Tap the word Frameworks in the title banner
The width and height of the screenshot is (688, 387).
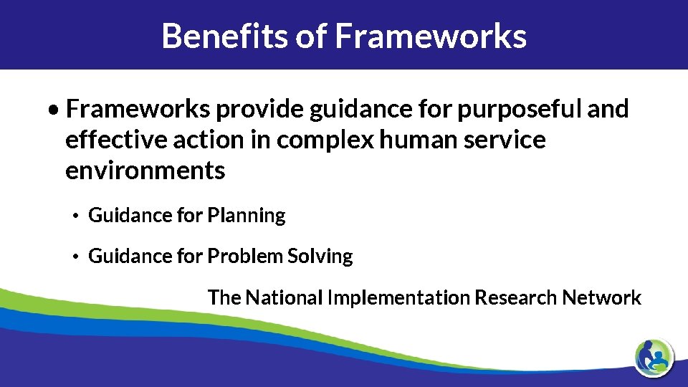[x=431, y=35]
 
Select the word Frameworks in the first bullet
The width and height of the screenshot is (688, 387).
[x=138, y=109]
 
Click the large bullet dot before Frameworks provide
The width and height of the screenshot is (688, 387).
[x=54, y=110]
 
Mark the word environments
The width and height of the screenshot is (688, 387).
[x=145, y=171]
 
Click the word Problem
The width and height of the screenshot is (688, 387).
[x=244, y=256]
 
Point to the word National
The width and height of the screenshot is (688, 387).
[x=284, y=297]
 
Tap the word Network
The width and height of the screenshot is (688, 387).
[x=602, y=297]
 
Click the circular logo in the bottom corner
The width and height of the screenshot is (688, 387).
[x=654, y=355]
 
